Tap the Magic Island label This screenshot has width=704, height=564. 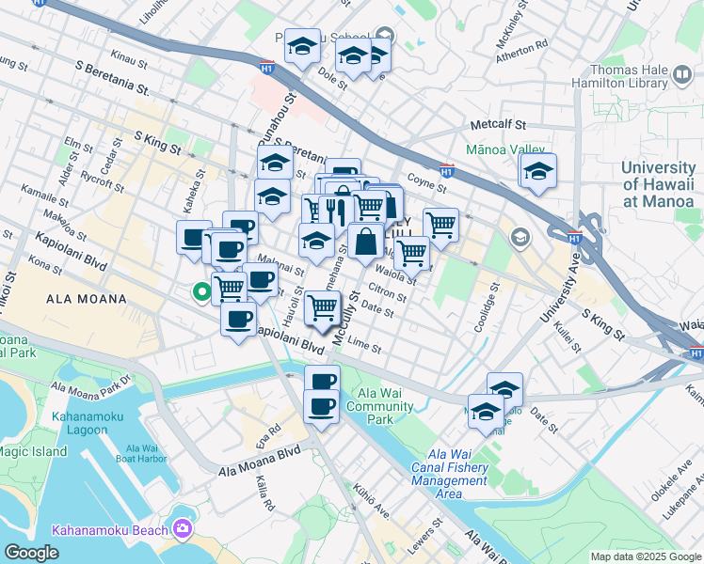[34, 452]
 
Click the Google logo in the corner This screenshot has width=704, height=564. [32, 552]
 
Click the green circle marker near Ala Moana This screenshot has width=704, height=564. [200, 292]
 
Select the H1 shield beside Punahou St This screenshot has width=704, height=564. [268, 68]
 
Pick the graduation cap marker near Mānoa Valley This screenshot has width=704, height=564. [538, 171]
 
